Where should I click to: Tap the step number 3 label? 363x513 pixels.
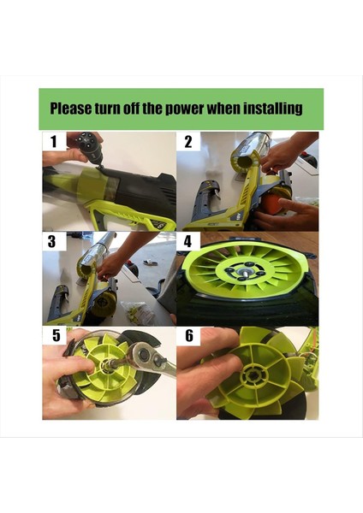tap(53, 241)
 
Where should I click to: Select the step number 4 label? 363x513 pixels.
tap(187, 241)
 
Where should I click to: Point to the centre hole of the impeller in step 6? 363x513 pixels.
tap(254, 374)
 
